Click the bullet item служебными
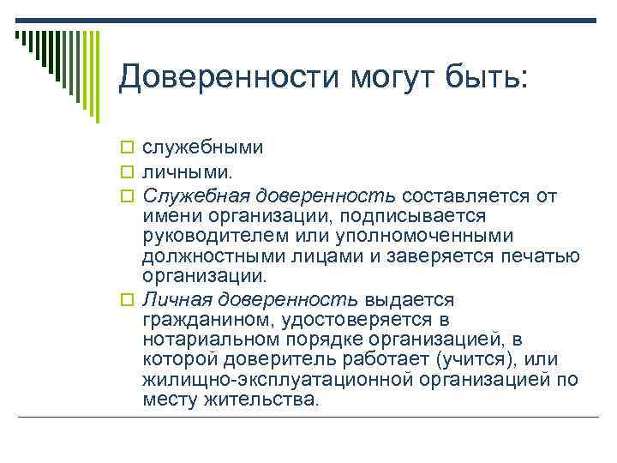point(202,147)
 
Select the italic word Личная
point(177,299)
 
